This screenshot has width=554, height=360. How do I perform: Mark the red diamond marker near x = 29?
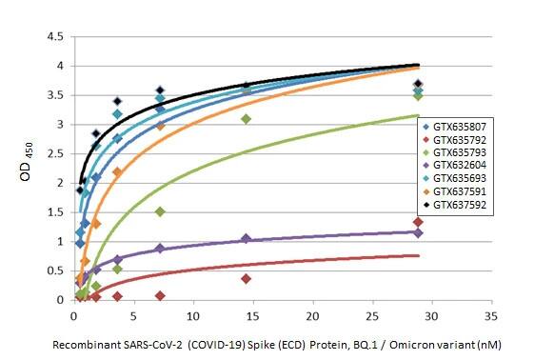[x=418, y=222]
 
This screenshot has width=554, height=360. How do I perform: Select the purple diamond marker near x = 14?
[x=246, y=238]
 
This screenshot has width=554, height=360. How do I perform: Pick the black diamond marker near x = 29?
[x=418, y=84]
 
